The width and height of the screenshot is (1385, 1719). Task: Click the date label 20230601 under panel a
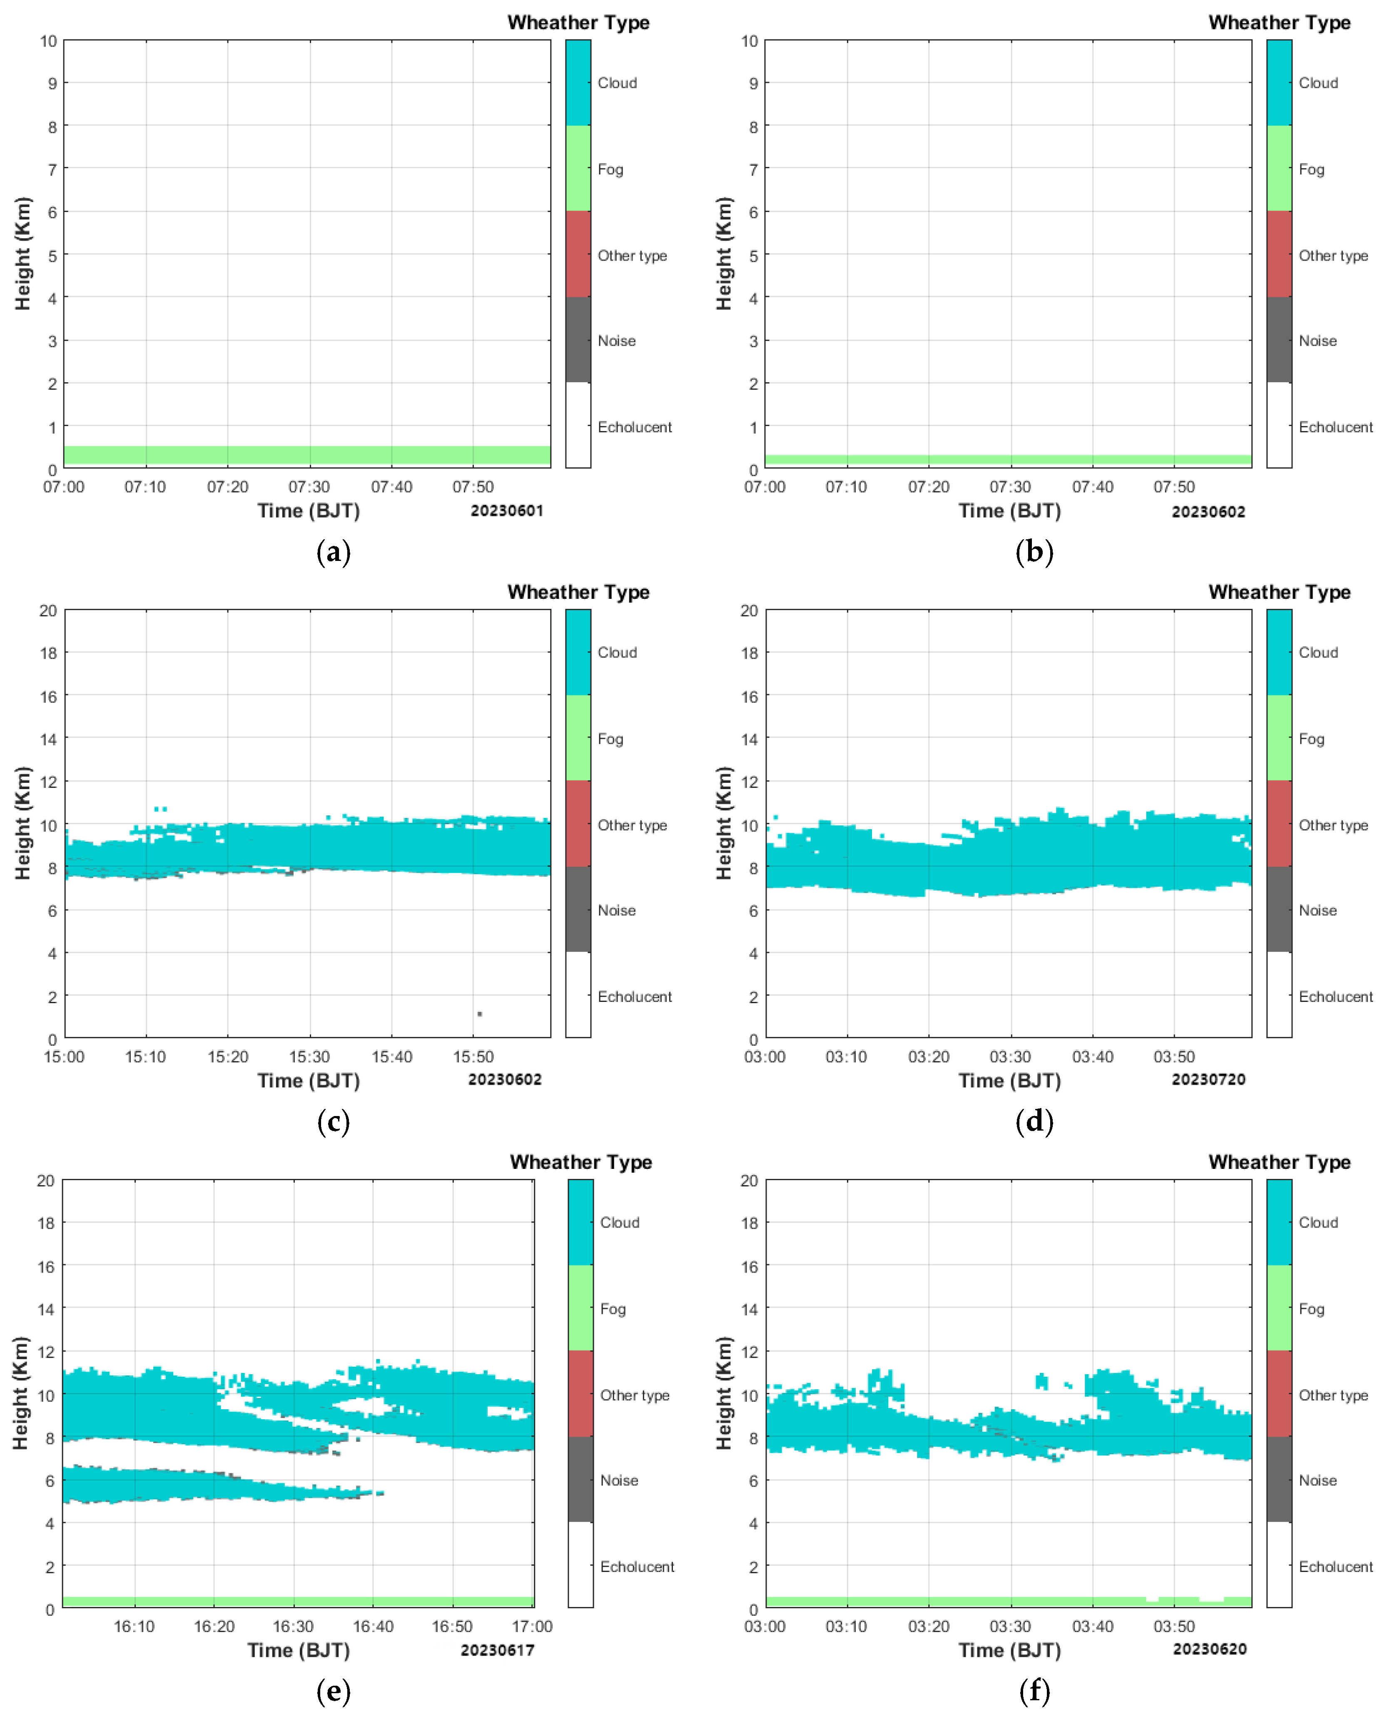pyautogui.click(x=507, y=511)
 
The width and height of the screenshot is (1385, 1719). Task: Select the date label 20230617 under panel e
pyautogui.click(x=497, y=1649)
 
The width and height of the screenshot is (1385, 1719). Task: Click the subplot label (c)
pyautogui.click(x=334, y=1121)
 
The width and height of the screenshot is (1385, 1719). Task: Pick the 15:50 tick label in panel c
pyautogui.click(x=473, y=1057)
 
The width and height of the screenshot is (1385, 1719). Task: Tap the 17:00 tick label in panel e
pyautogui.click(x=532, y=1627)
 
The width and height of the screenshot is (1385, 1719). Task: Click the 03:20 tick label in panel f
pyautogui.click(x=929, y=1627)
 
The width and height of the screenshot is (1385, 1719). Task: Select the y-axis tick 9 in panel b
pyautogui.click(x=753, y=83)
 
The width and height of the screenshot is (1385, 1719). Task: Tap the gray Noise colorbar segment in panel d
pyautogui.click(x=1279, y=909)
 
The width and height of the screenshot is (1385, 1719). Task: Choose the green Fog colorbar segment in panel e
pyautogui.click(x=581, y=1308)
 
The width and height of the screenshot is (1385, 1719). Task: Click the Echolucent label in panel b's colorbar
pyautogui.click(x=1335, y=427)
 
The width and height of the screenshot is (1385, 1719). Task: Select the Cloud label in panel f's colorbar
pyautogui.click(x=1318, y=1222)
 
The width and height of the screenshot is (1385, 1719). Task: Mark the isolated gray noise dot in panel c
pyautogui.click(x=479, y=1014)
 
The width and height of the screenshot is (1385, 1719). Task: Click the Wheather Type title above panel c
pyautogui.click(x=578, y=592)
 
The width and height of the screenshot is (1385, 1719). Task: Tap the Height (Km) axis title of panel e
pyautogui.click(x=22, y=1393)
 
